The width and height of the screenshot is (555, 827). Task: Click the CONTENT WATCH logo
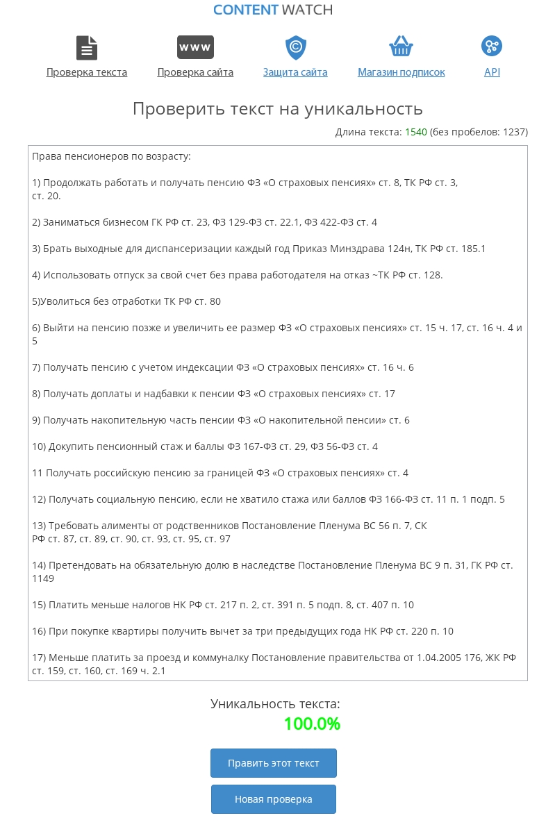point(273,10)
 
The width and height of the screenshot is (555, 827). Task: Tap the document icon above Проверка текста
point(87,48)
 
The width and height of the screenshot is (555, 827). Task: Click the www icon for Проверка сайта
point(195,47)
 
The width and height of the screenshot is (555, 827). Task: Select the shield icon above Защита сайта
point(296,47)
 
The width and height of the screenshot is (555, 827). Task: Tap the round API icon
point(492,47)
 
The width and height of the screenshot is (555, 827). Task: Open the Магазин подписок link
point(401,72)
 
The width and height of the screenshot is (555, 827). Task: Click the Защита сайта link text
point(295,72)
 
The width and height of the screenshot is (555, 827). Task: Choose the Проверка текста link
point(87,72)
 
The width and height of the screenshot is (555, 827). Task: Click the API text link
point(492,72)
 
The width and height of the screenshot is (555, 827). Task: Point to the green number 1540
point(416,132)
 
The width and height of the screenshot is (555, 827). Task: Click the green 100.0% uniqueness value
point(312,724)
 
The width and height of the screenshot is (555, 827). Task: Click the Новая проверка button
point(274,799)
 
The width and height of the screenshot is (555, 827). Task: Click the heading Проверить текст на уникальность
point(277,109)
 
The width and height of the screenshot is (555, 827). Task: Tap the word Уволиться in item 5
point(64,301)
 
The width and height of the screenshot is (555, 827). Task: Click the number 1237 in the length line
point(512,132)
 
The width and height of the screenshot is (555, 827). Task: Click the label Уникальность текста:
point(276,704)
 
